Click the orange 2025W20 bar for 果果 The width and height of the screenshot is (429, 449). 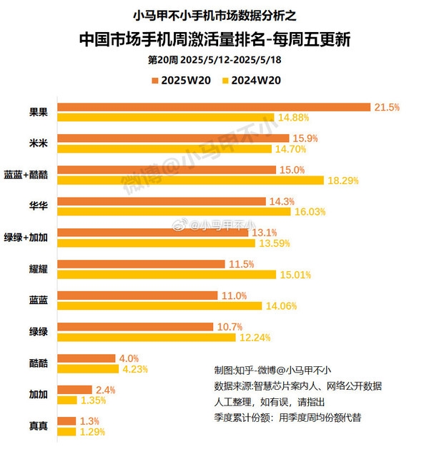click(214, 107)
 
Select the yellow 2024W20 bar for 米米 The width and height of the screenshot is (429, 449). click(165, 149)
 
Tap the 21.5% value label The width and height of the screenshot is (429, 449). click(387, 107)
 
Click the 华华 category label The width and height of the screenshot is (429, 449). click(38, 206)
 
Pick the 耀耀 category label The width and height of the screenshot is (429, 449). click(38, 269)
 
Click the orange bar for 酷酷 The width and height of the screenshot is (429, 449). click(87, 358)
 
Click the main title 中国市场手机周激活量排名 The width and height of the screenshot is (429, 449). click(214, 38)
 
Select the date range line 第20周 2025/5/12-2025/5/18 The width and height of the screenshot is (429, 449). click(214, 59)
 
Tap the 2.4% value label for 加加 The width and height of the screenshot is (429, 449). click(105, 390)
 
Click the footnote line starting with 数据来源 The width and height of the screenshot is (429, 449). click(297, 386)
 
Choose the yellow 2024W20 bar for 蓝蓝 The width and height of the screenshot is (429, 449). click(162, 306)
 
